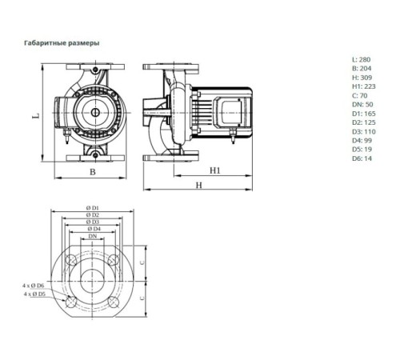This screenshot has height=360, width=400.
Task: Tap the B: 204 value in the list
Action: tap(361, 70)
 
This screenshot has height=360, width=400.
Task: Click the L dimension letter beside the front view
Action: tap(35, 116)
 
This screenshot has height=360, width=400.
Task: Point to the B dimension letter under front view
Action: tap(92, 172)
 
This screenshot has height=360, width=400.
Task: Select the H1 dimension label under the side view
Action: tap(215, 171)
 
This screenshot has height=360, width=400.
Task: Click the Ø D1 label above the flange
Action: tap(93, 208)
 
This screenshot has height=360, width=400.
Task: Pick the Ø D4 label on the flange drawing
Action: tap(93, 230)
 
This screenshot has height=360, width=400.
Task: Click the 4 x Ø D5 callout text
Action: tap(34, 294)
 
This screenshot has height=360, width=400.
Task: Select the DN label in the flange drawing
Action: tap(93, 238)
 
